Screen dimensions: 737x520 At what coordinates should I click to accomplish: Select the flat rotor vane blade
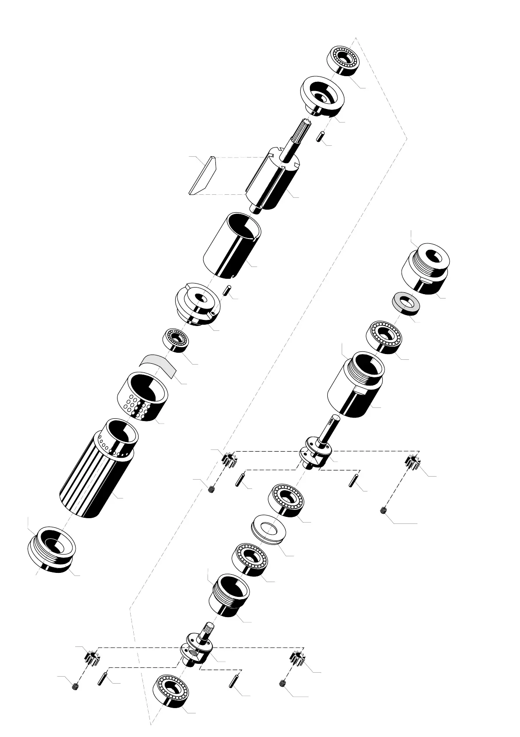click(x=202, y=175)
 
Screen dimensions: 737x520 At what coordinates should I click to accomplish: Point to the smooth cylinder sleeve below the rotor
click(x=232, y=245)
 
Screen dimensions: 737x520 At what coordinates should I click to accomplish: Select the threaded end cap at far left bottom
click(x=52, y=549)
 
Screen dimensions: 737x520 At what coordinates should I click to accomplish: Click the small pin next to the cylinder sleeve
click(x=226, y=290)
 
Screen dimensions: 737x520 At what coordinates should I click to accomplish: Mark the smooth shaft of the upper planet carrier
click(x=328, y=431)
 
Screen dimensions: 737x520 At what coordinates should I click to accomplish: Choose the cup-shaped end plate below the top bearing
click(x=322, y=96)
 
